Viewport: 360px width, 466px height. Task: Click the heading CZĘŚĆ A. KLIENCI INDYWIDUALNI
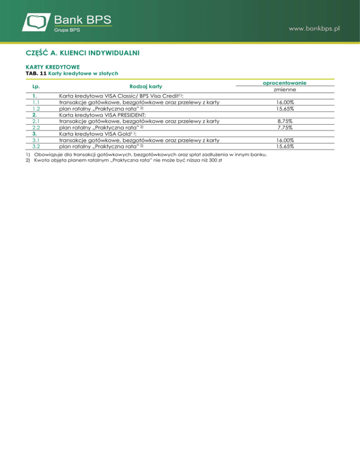point(82,53)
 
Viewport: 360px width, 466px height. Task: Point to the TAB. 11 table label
point(36,74)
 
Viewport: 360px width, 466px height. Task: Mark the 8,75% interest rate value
point(285,121)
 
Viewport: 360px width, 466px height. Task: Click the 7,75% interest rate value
point(285,127)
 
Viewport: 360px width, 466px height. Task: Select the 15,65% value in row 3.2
point(285,146)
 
